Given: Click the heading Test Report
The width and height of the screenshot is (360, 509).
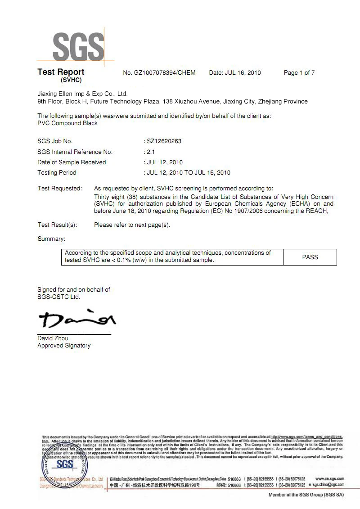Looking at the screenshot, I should point(61,72).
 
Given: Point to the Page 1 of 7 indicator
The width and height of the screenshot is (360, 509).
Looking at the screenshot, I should point(299,73).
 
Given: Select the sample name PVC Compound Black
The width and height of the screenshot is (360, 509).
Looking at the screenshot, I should point(67,123).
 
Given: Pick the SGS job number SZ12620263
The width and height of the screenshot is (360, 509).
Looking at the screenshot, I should point(164,141).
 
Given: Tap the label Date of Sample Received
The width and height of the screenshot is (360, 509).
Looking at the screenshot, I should point(72,162).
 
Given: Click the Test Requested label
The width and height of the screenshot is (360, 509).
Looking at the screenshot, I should point(59,188).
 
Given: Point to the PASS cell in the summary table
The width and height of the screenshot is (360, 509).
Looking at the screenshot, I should point(310,257).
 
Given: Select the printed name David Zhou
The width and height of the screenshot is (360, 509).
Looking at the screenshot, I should point(53,338).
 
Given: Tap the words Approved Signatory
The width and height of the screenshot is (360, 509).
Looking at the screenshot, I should point(64,346).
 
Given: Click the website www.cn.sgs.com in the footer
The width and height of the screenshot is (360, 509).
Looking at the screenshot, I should point(330,478).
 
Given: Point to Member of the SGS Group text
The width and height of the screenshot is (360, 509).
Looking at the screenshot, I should point(306,495).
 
